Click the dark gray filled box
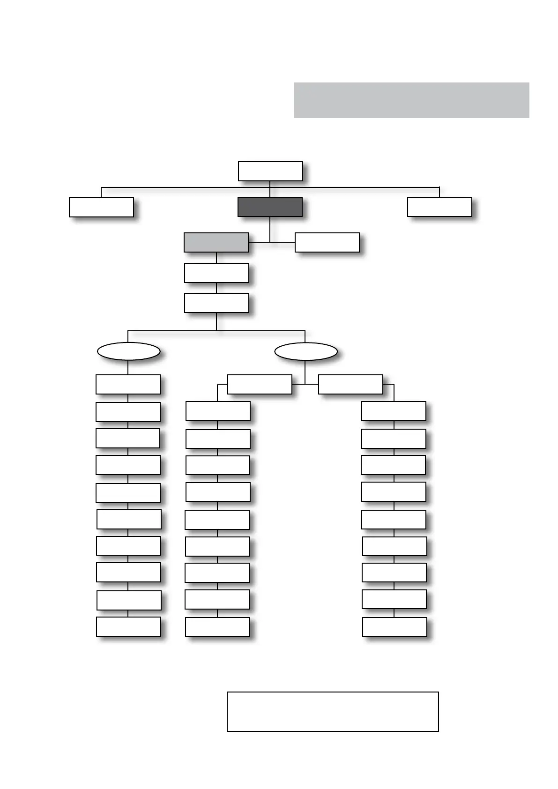click(270, 207)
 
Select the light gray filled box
click(216, 242)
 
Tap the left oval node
click(128, 351)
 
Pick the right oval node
click(305, 351)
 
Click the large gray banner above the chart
click(411, 100)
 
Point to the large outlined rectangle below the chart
click(333, 711)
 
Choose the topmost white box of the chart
click(270, 171)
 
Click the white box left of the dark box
click(101, 207)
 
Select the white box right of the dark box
click(439, 207)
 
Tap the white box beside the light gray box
click(327, 243)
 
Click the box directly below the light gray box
click(216, 273)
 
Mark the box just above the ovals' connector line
click(216, 303)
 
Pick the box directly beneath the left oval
click(128, 384)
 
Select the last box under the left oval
click(128, 626)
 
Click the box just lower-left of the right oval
click(260, 384)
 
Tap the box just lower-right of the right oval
click(350, 384)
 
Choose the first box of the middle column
click(218, 411)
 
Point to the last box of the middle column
click(217, 627)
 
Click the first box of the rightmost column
click(394, 411)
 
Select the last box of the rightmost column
click(394, 627)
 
